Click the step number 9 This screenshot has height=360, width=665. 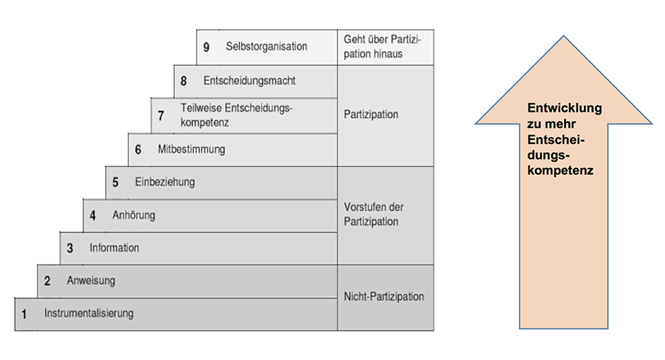(206, 47)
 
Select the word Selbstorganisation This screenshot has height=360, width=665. (266, 46)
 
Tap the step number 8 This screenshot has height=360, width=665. (184, 81)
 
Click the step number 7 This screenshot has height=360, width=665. (161, 116)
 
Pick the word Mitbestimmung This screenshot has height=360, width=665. (191, 149)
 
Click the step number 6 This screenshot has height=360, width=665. (138, 150)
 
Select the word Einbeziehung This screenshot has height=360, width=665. (165, 182)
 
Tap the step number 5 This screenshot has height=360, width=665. (115, 183)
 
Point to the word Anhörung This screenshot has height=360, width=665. (134, 215)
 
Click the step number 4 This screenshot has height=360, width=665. (93, 215)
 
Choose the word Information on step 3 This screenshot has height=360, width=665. (115, 248)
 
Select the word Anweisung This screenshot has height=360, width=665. (91, 281)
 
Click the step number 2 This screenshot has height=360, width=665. (47, 281)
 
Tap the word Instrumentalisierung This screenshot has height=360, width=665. (89, 314)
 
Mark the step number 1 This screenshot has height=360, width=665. (24, 314)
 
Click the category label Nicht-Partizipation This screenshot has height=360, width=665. (384, 297)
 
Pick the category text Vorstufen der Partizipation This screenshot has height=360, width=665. (374, 214)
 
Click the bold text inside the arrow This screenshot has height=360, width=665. (564, 139)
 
